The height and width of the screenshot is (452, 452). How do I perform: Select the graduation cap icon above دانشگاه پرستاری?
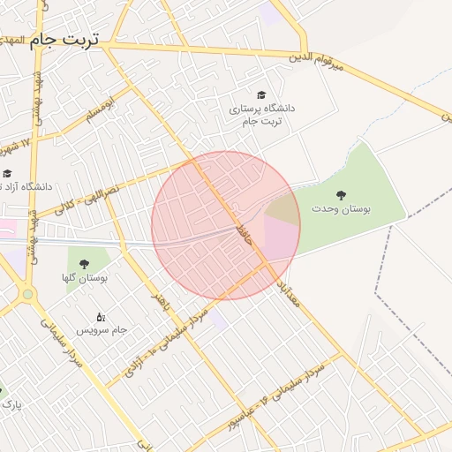pyautogui.click(x=260, y=94)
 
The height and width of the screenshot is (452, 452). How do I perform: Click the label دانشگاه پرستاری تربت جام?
pyautogui.click(x=261, y=115)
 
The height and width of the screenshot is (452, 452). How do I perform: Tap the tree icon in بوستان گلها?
pyautogui.click(x=84, y=263)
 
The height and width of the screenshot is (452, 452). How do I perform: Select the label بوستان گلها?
pyautogui.click(x=85, y=278)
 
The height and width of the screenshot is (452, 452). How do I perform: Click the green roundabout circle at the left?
pyautogui.click(x=27, y=294)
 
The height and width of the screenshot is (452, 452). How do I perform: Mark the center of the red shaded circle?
pyautogui.click(x=226, y=225)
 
